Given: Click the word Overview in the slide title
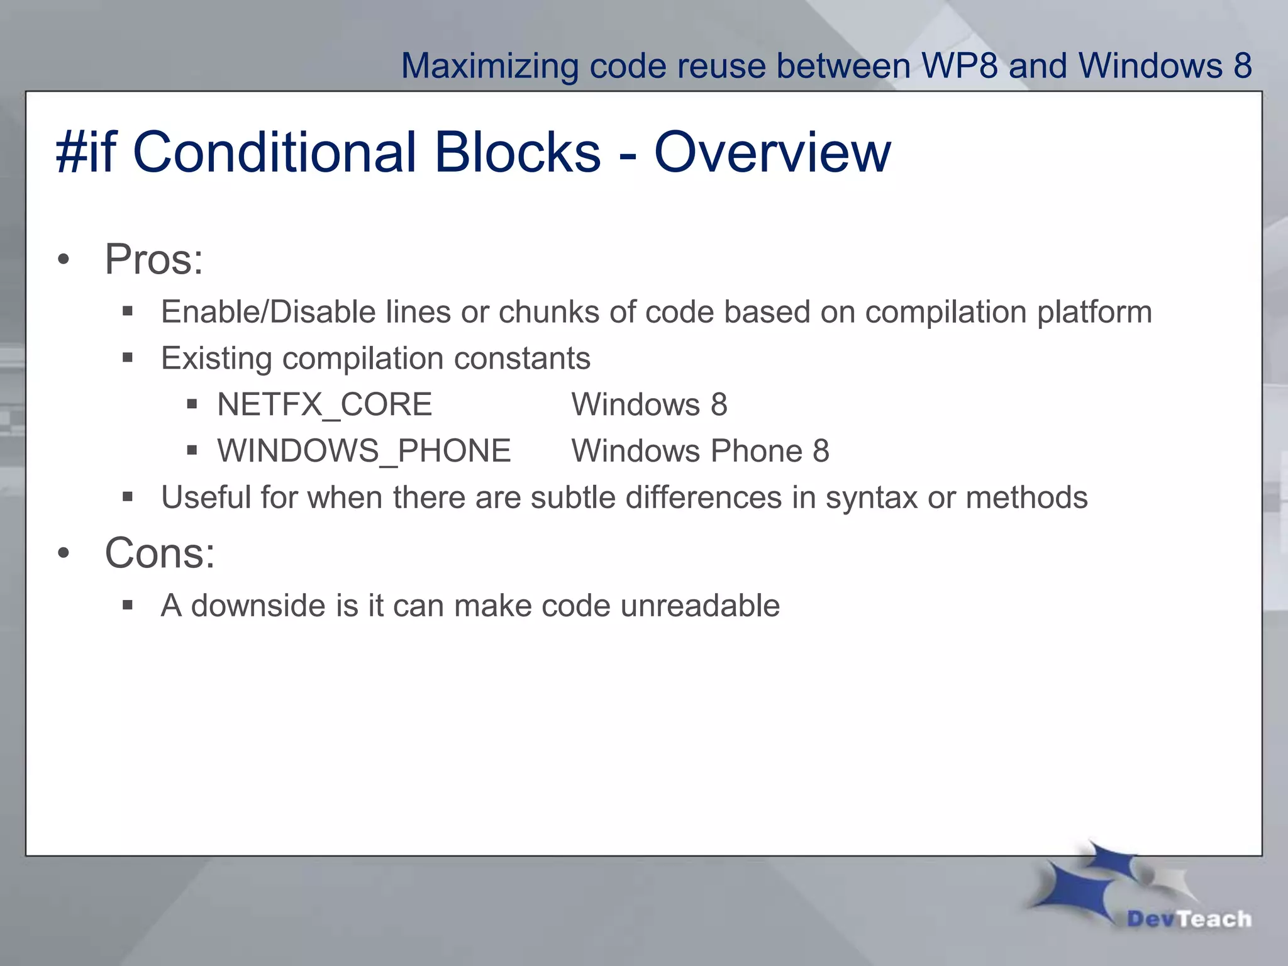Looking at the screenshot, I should [x=772, y=152].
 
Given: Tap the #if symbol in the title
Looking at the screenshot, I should [x=86, y=152].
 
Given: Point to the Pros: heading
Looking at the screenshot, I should [x=154, y=259].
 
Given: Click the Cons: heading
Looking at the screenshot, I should [x=160, y=553].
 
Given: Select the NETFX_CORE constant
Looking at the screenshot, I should [x=325, y=404].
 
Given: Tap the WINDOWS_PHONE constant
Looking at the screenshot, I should [x=364, y=451].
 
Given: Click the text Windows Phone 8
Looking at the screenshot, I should [x=700, y=451].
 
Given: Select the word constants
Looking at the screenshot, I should [x=522, y=358].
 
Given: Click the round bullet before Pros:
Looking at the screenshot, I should [x=63, y=260].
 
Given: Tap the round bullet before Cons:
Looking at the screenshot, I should [x=63, y=553].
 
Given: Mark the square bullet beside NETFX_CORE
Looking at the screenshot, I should [x=192, y=404].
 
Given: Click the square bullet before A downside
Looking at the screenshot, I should [x=128, y=606].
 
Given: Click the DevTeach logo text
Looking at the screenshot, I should [x=1189, y=919].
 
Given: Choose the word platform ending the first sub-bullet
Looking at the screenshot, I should [x=1094, y=312].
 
